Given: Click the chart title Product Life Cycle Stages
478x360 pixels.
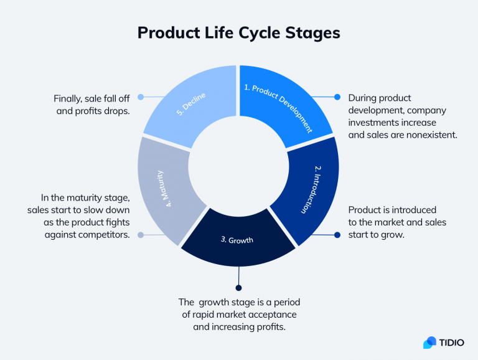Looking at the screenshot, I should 238,32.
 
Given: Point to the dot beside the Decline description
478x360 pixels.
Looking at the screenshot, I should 141,97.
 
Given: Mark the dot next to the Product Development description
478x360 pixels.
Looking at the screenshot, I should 337,97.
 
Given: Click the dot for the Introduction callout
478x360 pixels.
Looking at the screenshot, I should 337,235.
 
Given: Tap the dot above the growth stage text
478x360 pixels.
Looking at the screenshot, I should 238,287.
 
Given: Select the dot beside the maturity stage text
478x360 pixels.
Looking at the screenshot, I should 141,235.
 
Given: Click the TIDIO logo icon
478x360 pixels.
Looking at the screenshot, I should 429,343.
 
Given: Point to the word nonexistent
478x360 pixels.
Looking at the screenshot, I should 430,133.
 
